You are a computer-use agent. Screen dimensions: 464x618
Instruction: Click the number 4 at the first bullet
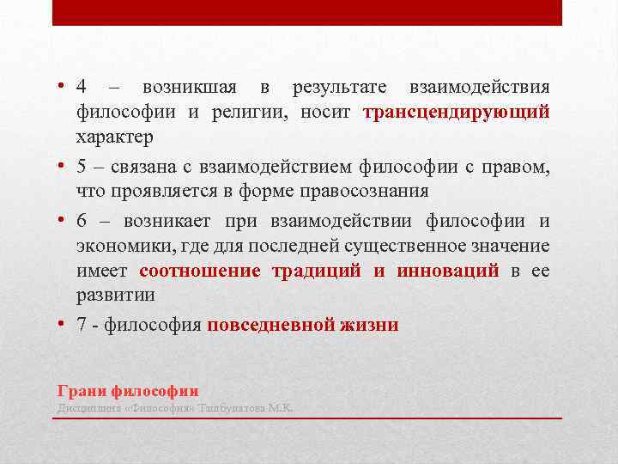pyautogui.click(x=82, y=88)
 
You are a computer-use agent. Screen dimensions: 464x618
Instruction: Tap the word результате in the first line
pyautogui.click(x=339, y=88)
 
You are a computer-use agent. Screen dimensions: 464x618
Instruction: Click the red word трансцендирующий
pyautogui.click(x=456, y=113)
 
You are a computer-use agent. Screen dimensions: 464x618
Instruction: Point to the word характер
pyautogui.click(x=115, y=137)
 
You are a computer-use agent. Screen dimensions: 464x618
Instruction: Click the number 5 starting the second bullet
pyautogui.click(x=82, y=167)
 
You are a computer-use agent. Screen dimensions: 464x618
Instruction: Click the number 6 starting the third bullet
pyautogui.click(x=82, y=222)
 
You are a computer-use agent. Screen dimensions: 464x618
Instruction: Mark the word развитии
pyautogui.click(x=115, y=296)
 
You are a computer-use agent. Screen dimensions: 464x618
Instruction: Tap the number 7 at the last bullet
pyautogui.click(x=82, y=325)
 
